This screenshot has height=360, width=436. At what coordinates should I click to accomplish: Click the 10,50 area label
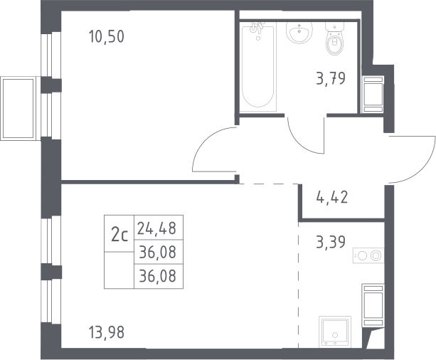107,37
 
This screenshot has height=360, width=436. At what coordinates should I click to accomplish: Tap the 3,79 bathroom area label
331,78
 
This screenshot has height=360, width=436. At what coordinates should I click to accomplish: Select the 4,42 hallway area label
332,197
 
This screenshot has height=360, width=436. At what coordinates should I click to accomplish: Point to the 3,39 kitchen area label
331,241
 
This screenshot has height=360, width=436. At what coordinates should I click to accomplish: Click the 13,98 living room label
107,332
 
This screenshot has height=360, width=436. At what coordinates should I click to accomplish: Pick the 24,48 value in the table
156,228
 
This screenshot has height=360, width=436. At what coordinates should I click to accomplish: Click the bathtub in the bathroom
257,68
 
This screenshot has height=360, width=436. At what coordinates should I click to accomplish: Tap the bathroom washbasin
299,33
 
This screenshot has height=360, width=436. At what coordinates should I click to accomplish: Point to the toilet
335,38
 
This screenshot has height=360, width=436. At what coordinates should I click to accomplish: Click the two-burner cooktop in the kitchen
368,255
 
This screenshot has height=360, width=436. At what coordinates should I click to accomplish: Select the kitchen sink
335,332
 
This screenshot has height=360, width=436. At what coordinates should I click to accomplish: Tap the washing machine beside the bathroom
373,95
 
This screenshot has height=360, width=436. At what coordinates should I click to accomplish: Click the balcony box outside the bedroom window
18,109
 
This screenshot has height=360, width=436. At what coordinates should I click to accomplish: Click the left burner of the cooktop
362,255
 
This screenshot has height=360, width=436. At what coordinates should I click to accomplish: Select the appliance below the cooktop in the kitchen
373,305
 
